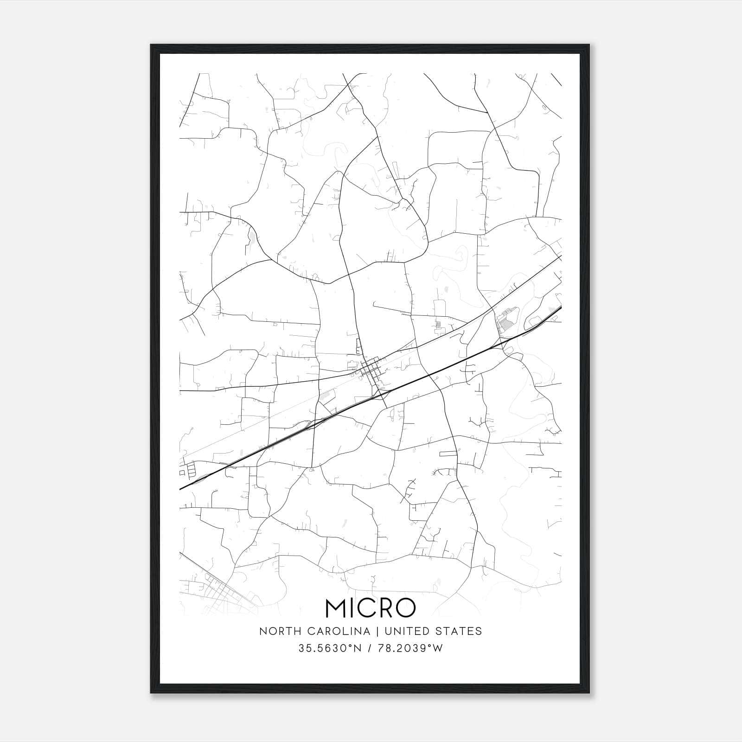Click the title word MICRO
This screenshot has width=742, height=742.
coord(371,608)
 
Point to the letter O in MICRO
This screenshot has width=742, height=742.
coord(404,608)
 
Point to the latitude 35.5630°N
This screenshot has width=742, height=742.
coord(330,648)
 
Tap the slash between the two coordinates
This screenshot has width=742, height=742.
coord(369,648)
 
